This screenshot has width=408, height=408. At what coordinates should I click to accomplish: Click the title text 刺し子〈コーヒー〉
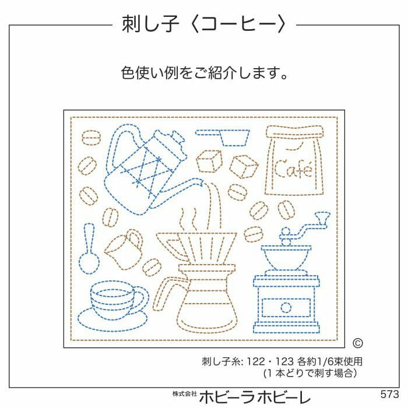point(203,24)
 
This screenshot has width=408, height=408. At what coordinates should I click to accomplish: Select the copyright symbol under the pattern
point(358,344)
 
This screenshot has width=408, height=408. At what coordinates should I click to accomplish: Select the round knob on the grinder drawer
point(286,307)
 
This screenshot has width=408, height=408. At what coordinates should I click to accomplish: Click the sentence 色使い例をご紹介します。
point(203,73)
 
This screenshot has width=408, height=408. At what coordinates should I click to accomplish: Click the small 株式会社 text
point(183,395)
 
